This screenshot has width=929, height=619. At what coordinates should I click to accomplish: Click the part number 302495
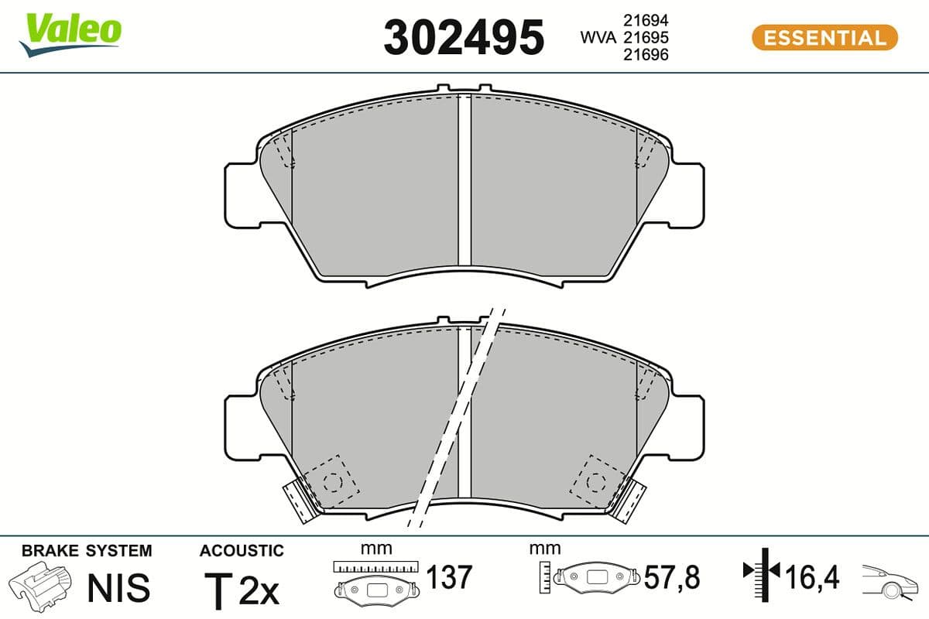[x=464, y=37]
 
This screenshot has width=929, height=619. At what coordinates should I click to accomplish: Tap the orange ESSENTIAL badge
[x=824, y=37]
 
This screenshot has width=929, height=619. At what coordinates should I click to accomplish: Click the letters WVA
[x=598, y=37]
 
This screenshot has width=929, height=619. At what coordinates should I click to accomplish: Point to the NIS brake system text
[x=118, y=588]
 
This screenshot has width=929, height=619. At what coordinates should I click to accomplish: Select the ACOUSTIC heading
[x=242, y=551]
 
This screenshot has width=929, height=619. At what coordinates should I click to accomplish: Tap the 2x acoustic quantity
[x=259, y=592]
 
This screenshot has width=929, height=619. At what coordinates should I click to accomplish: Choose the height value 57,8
[x=672, y=577]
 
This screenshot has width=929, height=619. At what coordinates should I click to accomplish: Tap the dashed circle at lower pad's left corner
[x=333, y=481]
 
